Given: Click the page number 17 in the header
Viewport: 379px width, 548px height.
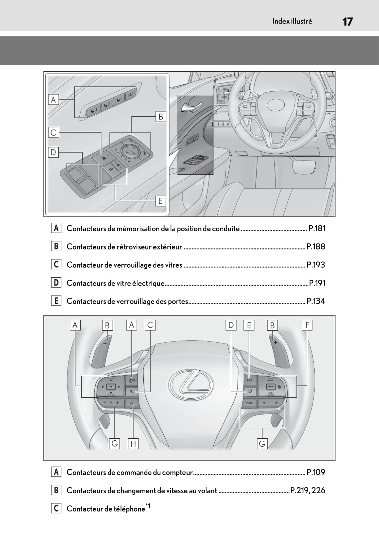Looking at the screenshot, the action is tap(347, 22).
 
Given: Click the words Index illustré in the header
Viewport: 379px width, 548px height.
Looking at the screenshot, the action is tap(292, 21).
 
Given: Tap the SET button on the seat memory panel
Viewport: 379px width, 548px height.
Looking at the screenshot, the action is tap(131, 94).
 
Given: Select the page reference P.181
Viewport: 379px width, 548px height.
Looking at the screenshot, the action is tap(317, 229).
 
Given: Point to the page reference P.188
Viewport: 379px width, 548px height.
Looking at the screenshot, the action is tap(316, 247).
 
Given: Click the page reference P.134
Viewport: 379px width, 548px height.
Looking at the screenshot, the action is tap(316, 301).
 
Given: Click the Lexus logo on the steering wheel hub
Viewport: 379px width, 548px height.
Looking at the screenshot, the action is tap(190, 385).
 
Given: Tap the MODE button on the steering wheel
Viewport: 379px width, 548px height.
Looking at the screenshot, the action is tap(250, 403).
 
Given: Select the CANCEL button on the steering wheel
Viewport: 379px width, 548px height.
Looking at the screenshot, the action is tap(271, 387).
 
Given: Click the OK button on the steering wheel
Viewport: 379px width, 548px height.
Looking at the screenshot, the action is tap(111, 387).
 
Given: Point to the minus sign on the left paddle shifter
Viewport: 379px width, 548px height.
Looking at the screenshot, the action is tap(105, 343).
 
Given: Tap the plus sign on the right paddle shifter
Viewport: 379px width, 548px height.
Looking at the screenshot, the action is tap(275, 342).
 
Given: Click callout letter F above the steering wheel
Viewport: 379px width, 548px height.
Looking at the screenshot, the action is tap(307, 325).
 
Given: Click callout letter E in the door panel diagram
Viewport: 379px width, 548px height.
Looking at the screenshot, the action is tap(161, 201).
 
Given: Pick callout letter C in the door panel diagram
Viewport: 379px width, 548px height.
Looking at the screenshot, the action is tap(53, 132).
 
